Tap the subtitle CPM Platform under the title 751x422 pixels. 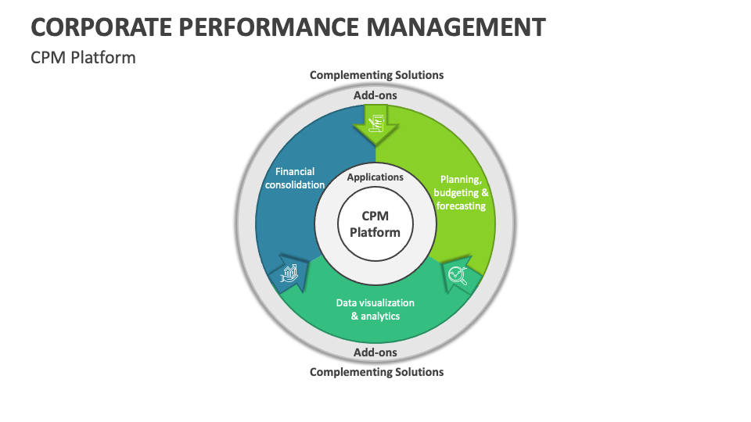(83, 58)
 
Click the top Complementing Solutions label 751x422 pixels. (376, 75)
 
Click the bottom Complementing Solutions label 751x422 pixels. (376, 372)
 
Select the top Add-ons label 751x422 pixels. (375, 95)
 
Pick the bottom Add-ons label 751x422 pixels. (375, 352)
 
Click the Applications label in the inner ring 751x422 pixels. (375, 177)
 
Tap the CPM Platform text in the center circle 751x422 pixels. (375, 224)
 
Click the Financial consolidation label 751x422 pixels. (295, 178)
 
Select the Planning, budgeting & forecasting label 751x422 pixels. (462, 193)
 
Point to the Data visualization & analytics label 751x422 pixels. (375, 309)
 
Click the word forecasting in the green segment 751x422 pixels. (462, 206)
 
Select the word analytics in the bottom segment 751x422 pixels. (380, 316)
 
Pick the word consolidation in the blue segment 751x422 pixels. (295, 185)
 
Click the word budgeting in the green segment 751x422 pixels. (456, 193)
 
